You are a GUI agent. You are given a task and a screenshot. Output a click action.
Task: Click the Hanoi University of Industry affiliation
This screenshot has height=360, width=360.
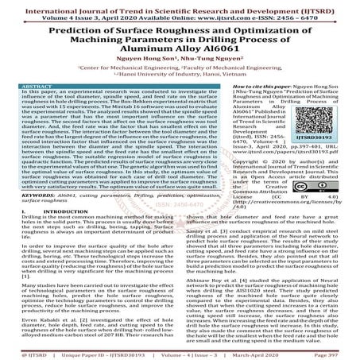coord(180,85)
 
